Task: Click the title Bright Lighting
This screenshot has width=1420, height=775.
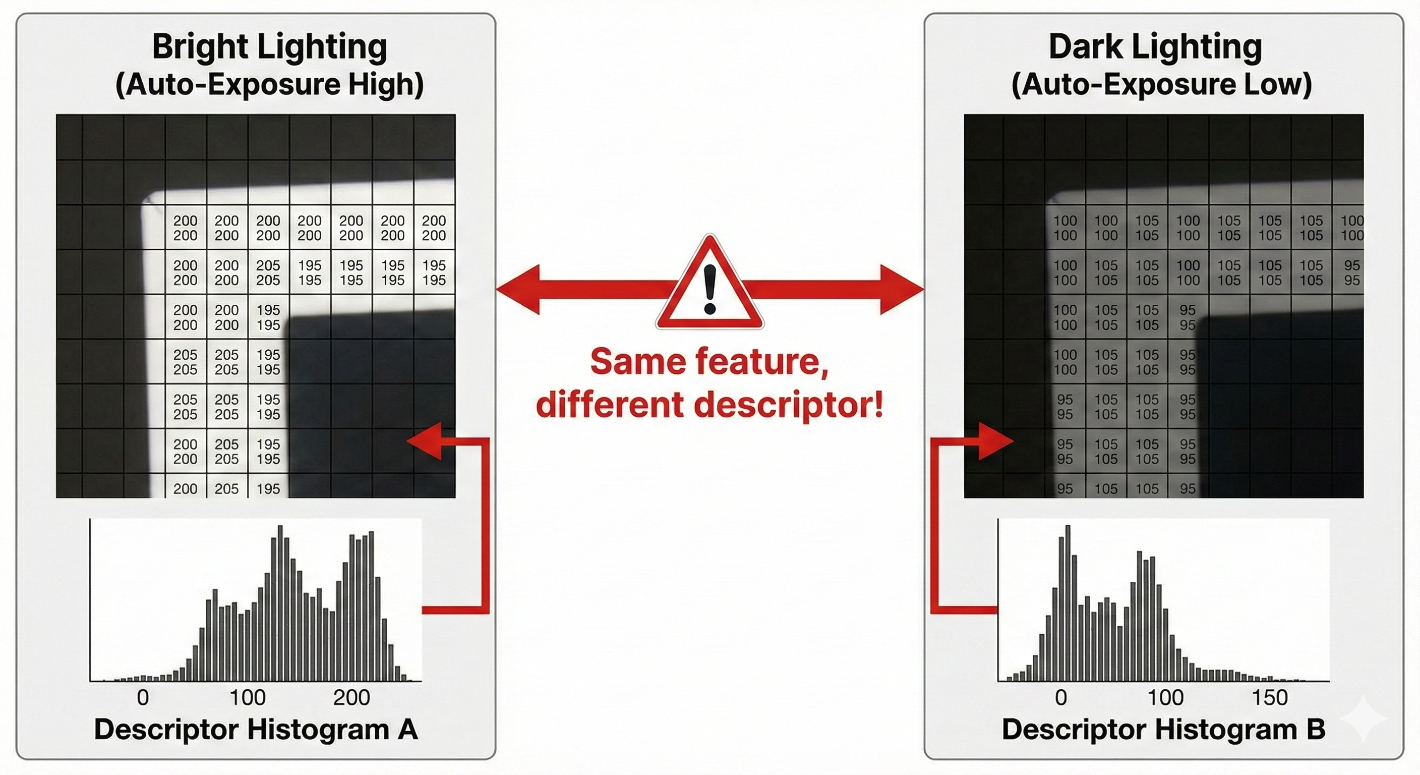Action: click(x=270, y=46)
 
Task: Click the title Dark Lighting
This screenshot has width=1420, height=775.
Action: click(x=1155, y=46)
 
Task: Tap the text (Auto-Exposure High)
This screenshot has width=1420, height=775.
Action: click(x=270, y=84)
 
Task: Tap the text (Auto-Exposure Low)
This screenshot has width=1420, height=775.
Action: click(x=1161, y=84)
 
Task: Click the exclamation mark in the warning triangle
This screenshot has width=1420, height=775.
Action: click(x=709, y=289)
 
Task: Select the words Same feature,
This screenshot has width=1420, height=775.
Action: click(x=709, y=362)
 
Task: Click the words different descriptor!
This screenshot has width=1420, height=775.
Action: click(x=709, y=404)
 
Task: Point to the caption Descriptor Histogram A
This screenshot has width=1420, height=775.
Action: click(x=256, y=729)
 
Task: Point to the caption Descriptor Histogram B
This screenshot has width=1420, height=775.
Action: click(x=1164, y=729)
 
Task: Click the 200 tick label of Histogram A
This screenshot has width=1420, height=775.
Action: click(x=351, y=698)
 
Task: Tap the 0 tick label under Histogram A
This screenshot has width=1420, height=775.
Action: click(x=143, y=698)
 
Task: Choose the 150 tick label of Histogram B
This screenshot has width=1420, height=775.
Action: click(x=1270, y=698)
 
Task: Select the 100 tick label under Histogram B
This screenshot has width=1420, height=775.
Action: click(x=1165, y=698)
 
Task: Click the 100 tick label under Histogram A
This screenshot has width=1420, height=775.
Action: click(x=248, y=698)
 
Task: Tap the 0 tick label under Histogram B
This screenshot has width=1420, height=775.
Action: click(x=1061, y=698)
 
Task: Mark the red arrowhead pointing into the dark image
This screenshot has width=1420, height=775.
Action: click(x=995, y=440)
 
